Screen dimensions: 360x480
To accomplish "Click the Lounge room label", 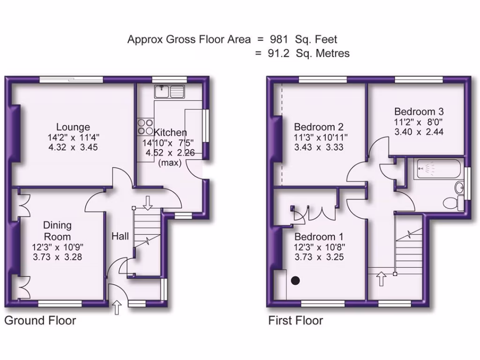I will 73,127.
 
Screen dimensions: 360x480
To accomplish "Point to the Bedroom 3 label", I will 419,112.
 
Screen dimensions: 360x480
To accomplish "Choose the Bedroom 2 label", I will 319,127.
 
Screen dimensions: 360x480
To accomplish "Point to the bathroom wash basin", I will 458,188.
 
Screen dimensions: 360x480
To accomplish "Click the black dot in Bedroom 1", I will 295,281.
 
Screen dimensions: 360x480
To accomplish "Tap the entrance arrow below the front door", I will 117,307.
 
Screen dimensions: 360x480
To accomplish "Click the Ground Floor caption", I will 40,321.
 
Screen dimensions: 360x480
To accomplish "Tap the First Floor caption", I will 295,321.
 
